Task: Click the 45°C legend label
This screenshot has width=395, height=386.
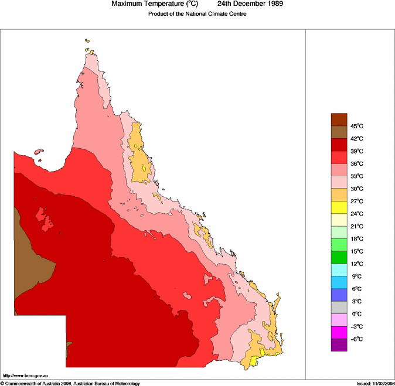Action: [357, 126]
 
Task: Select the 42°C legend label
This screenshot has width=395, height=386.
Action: [357, 139]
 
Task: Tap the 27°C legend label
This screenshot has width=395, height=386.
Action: [357, 201]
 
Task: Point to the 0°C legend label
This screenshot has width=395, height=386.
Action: [357, 314]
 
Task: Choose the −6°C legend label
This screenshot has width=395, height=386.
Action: [357, 339]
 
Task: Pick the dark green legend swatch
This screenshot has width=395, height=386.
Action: [340, 257]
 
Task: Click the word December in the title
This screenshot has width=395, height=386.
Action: [246, 4]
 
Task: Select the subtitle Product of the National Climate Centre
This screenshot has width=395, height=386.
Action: [197, 13]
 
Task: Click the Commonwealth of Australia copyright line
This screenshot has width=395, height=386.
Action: [70, 383]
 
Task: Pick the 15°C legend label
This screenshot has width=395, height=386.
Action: [357, 251]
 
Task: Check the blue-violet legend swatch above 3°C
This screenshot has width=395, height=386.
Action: [340, 295]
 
